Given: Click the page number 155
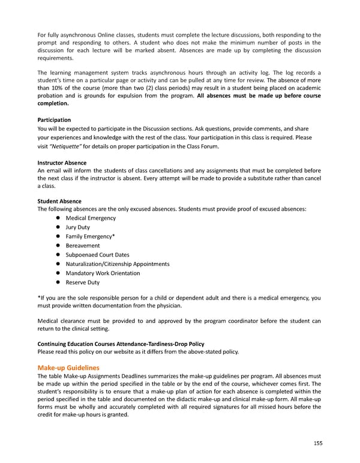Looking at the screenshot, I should (x=317, y=444).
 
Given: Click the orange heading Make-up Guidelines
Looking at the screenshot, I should (x=68, y=367).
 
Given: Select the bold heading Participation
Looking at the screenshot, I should (x=54, y=120).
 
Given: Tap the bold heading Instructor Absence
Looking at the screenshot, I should (x=62, y=163).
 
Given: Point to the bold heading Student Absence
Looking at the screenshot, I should (x=59, y=201).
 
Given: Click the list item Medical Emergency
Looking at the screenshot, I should (x=91, y=218).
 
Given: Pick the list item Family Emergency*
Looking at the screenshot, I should (x=90, y=237).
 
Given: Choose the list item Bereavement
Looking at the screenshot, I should (x=83, y=246).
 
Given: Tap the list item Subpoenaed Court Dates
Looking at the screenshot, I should (x=97, y=255).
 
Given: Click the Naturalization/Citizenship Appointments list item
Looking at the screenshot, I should (x=118, y=264).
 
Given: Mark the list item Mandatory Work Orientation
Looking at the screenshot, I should (x=103, y=273).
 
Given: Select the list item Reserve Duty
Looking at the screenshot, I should (x=83, y=282).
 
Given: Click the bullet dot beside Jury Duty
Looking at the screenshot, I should (x=58, y=228).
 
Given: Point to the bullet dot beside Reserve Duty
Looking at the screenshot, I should (x=58, y=282).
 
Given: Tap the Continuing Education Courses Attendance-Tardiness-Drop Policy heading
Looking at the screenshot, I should (x=121, y=344).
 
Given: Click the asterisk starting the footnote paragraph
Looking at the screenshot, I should (x=39, y=298).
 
